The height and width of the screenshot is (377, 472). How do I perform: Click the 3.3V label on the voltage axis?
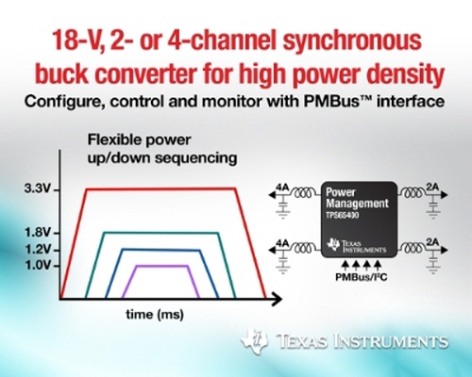coord(37,189)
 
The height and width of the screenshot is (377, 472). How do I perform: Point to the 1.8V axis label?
coord(37,233)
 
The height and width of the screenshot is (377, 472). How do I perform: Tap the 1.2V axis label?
coord(37,250)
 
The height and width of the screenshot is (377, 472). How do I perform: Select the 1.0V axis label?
coord(37,266)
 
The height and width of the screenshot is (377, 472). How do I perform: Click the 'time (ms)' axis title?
coord(155,314)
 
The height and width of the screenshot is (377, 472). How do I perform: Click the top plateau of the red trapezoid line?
coord(161,188)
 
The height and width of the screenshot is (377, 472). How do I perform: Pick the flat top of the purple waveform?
coord(162,266)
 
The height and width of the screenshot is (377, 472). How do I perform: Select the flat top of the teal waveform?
coord(161,233)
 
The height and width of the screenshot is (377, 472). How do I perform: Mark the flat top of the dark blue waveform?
coord(160,250)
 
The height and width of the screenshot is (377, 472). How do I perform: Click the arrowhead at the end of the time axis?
coord(276,299)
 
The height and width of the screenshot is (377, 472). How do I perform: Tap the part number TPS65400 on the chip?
coord(342,216)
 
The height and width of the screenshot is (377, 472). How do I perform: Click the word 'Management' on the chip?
coord(357,204)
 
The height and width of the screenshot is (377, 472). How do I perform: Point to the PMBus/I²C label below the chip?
coord(361,277)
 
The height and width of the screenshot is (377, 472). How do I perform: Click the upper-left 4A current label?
coord(282,188)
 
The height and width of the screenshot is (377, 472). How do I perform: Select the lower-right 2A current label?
coord(432,242)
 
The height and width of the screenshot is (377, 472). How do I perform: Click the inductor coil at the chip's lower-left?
coord(303,248)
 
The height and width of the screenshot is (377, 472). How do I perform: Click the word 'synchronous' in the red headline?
coord(352,41)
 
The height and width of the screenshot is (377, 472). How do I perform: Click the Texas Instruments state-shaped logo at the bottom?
coord(255,341)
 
